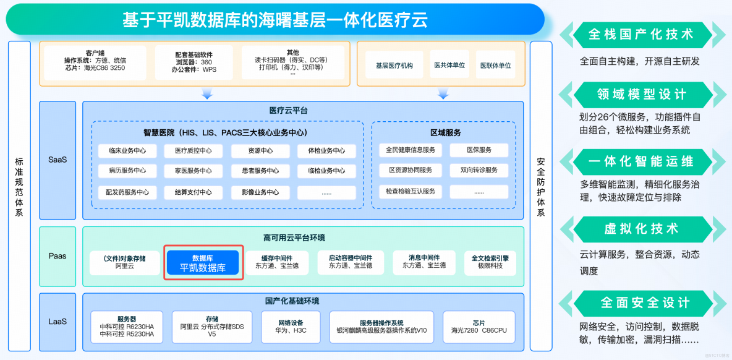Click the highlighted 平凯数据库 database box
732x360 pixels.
coord(203,263)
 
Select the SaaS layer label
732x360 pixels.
coord(57,160)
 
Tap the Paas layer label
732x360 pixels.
coord(57,256)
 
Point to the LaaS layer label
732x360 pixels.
coord(57,322)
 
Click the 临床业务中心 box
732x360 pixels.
coord(127,150)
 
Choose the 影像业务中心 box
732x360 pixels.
coord(255,192)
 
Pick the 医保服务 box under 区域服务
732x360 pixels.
coord(479,150)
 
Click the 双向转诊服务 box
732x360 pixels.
coord(479,170)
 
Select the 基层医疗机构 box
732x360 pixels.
coord(394,65)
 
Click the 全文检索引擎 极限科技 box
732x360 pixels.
coord(490,262)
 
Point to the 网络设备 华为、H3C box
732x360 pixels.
coord(291,326)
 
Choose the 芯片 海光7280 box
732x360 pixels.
coord(479,326)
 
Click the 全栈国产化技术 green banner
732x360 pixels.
coord(641,35)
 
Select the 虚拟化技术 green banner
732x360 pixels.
coord(641,229)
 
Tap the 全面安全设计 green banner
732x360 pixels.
coord(641,302)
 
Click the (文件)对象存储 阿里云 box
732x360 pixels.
coord(125,262)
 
